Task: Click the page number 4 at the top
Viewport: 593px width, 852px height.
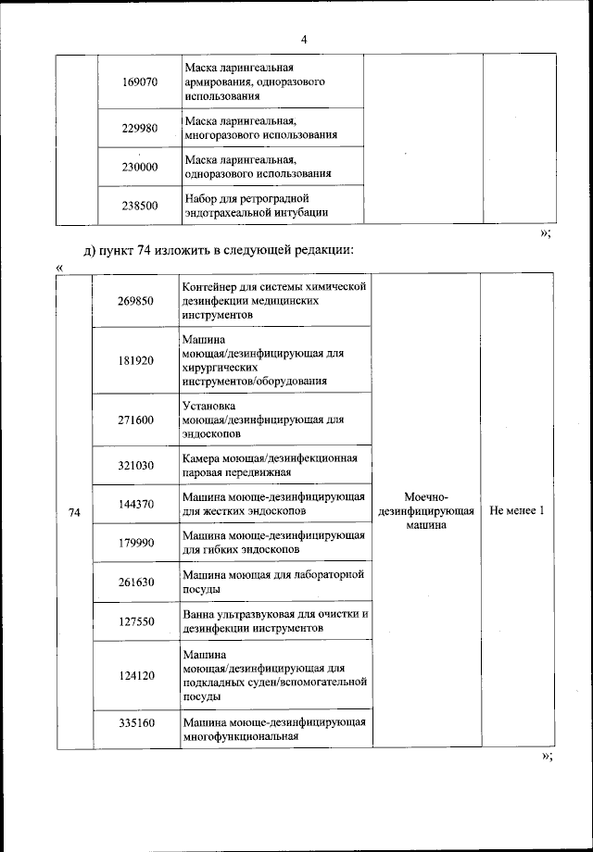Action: point(303,39)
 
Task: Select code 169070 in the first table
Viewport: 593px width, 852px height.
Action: point(140,82)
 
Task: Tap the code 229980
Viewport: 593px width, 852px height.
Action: point(140,128)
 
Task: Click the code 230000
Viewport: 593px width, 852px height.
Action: point(140,167)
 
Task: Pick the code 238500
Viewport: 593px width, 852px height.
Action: point(140,206)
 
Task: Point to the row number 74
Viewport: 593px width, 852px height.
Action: point(75,511)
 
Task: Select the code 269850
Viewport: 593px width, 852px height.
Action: point(136,301)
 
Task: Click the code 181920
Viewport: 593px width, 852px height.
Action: point(136,360)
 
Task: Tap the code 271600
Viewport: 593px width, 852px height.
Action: point(136,420)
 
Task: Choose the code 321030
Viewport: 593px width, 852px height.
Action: point(136,465)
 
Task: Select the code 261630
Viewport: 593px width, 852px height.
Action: point(136,582)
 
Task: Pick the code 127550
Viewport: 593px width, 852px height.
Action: point(136,621)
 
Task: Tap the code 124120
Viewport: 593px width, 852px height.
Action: point(136,676)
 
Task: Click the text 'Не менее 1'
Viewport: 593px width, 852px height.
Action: point(518,511)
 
